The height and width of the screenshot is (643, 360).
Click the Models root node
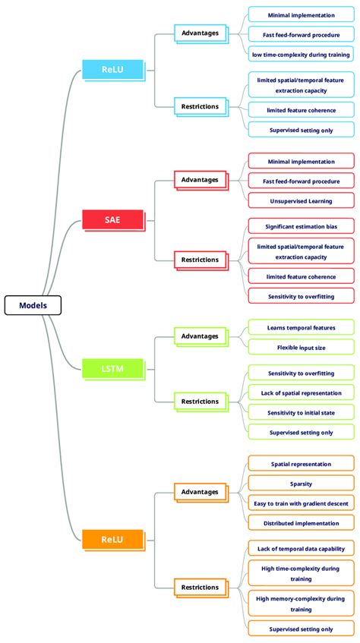[x=33, y=305]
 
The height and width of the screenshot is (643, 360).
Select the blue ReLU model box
[x=112, y=70]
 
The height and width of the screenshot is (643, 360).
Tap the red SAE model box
[x=112, y=220]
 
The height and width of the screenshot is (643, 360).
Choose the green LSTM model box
[x=112, y=369]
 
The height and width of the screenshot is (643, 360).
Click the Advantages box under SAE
[x=200, y=180]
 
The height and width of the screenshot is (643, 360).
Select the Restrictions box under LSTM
[x=200, y=402]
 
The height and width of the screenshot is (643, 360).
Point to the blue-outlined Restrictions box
[x=200, y=106]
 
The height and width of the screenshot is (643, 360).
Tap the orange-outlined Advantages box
[x=200, y=492]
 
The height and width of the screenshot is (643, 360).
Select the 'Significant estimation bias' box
[x=301, y=226]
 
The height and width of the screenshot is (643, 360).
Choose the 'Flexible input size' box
[x=301, y=347]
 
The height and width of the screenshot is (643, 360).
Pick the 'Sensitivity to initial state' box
[x=301, y=412]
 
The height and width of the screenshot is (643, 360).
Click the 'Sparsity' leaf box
[x=301, y=483]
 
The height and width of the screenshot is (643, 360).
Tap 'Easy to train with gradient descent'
[x=301, y=503]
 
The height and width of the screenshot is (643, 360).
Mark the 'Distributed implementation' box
[x=301, y=522]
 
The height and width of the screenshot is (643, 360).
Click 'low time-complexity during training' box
[x=301, y=54]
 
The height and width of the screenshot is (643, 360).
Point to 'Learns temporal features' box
[x=301, y=327]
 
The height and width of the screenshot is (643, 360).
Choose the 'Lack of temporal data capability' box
[x=301, y=548]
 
